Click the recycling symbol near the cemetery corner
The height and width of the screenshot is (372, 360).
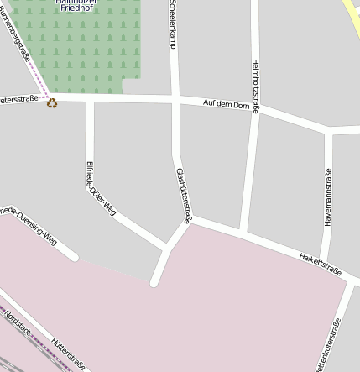[x=52, y=103]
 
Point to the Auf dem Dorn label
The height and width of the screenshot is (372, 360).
[x=227, y=105]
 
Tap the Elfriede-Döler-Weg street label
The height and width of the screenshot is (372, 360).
[x=100, y=188]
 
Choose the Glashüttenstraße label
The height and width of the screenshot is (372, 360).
[x=185, y=196]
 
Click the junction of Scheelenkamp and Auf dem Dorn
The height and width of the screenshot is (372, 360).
[x=175, y=101]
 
